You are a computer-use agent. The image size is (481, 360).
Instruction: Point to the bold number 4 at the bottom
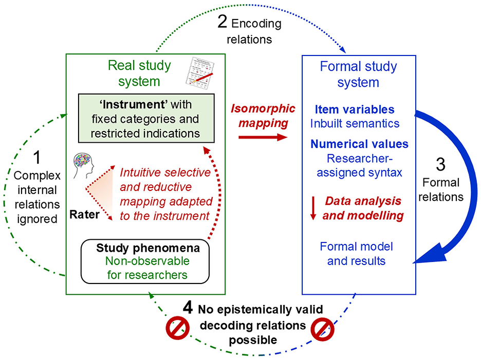[x=188, y=309]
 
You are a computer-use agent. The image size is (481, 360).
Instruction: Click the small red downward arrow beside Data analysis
[x=313, y=207]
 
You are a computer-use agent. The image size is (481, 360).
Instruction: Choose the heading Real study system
[x=139, y=73]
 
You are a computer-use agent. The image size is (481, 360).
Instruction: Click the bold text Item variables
[x=355, y=109]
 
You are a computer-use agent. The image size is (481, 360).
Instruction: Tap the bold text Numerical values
[x=359, y=144]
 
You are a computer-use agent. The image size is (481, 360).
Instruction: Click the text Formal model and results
[x=353, y=254]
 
